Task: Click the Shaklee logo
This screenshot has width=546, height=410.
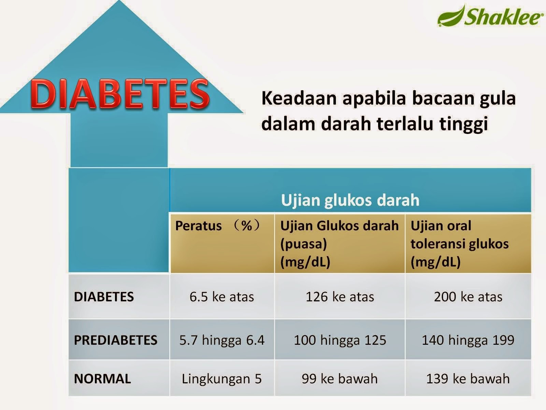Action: (489, 15)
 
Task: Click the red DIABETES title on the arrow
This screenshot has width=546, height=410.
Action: (120, 94)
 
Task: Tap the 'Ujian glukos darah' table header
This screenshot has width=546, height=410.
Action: (350, 200)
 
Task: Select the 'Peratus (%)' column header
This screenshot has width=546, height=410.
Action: (217, 225)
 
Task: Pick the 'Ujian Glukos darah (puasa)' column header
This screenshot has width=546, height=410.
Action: (340, 244)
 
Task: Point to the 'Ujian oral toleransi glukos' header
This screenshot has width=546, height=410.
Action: (460, 244)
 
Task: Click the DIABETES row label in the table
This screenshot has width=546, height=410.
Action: (104, 297)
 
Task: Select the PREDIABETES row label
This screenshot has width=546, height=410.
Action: (116, 340)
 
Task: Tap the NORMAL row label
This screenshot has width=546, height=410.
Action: (102, 379)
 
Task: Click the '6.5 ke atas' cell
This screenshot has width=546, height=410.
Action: (221, 297)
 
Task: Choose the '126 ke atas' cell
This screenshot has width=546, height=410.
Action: (340, 297)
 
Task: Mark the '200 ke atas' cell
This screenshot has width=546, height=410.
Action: (468, 297)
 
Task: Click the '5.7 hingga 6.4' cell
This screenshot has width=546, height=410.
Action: (221, 340)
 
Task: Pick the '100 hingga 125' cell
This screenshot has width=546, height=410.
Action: (340, 340)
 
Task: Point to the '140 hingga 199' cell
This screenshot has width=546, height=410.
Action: (468, 340)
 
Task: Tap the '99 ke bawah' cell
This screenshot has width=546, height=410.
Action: (340, 379)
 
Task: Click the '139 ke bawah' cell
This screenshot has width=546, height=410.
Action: (468, 379)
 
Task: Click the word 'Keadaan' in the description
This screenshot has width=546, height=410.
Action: (299, 98)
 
